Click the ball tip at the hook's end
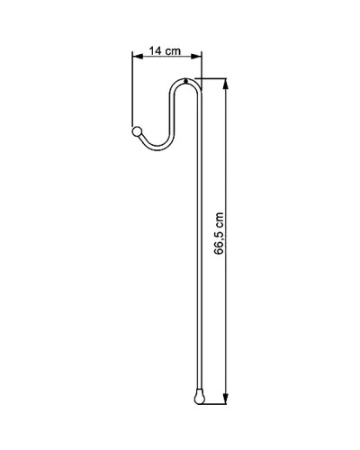pyautogui.click(x=137, y=131)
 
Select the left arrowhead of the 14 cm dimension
pyautogui.click(x=137, y=60)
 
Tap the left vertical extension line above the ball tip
pyautogui.click(x=133, y=90)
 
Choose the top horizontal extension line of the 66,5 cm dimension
pyautogui.click(x=214, y=79)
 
